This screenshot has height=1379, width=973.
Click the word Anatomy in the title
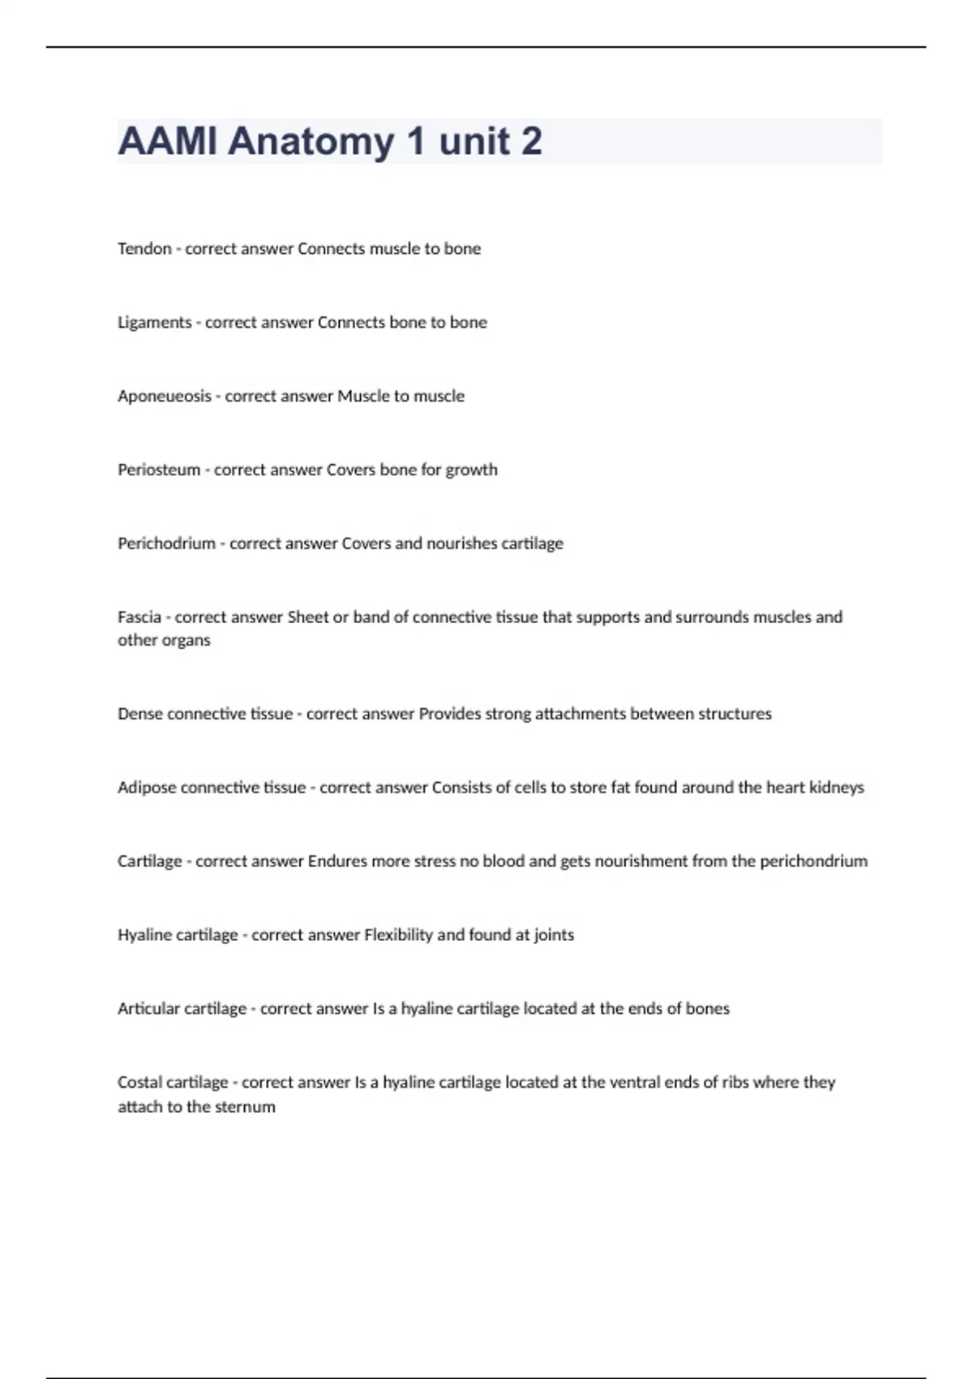tap(311, 141)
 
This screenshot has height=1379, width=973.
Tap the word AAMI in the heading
tap(168, 141)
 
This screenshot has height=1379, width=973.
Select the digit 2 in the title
tap(532, 141)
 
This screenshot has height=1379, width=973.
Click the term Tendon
tap(144, 249)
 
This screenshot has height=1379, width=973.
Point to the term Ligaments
tap(154, 323)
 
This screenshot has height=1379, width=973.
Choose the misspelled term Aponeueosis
tap(164, 397)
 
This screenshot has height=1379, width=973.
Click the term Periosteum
tap(159, 470)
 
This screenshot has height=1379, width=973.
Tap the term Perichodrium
tap(166, 543)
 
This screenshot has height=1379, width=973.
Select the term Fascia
tap(139, 617)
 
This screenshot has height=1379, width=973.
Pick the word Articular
tap(148, 1009)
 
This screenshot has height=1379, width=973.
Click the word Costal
tap(139, 1083)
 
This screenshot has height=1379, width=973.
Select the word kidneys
tap(837, 788)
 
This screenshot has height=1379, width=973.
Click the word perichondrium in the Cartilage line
tap(813, 861)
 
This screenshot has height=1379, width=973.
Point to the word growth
tap(471, 470)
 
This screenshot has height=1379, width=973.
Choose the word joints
tap(554, 935)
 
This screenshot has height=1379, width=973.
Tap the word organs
tap(187, 641)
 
